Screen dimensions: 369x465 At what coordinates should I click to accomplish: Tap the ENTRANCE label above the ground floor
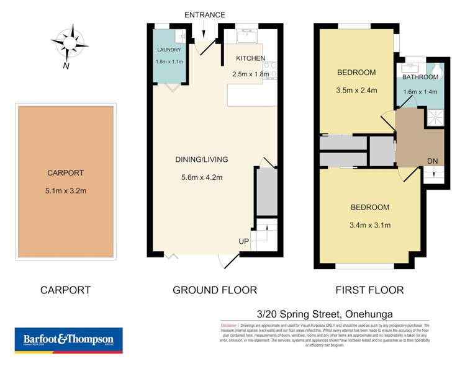pos(204,15)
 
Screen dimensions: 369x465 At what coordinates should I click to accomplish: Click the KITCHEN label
pos(250,58)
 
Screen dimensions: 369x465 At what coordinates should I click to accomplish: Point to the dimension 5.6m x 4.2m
pos(201,177)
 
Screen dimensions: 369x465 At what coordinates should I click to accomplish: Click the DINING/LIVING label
pos(201,159)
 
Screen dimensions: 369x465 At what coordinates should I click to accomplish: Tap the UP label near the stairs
pos(245,240)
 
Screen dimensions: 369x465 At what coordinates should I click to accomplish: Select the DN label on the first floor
pos(433,161)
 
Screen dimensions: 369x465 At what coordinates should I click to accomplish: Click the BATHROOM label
pos(420,78)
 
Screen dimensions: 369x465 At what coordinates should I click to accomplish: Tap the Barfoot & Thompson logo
pos(68,339)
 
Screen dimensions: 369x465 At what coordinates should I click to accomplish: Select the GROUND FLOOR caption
pos(215,290)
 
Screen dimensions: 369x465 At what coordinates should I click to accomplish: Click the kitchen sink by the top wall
pos(246,34)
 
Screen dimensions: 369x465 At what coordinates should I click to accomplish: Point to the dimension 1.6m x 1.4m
pos(420,92)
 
